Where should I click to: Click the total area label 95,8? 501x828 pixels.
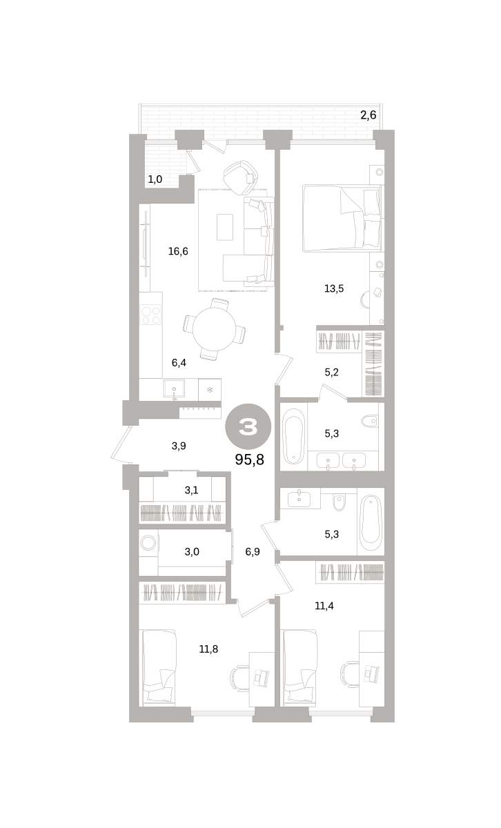tap(249, 460)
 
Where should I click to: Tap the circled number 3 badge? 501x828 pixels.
tap(248, 427)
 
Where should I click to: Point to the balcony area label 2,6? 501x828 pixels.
tap(368, 115)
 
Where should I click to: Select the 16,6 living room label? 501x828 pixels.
tap(178, 251)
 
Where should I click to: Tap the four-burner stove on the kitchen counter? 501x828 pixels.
tap(150, 315)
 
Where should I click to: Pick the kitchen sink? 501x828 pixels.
tap(174, 390)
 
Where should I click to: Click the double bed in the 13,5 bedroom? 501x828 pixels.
tap(342, 218)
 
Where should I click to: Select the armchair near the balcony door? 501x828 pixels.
tap(240, 177)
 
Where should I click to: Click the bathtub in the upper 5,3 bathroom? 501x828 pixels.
tap(293, 436)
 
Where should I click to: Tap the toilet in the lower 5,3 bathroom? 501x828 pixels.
tap(338, 502)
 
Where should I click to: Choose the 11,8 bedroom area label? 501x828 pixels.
tap(208, 649)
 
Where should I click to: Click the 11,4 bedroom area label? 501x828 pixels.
tap(324, 606)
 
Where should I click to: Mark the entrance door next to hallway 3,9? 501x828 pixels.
tap(121, 444)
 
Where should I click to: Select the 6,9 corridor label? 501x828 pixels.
tap(253, 551)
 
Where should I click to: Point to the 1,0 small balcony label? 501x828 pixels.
tap(155, 179)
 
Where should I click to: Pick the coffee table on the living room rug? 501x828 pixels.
tap(224, 227)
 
